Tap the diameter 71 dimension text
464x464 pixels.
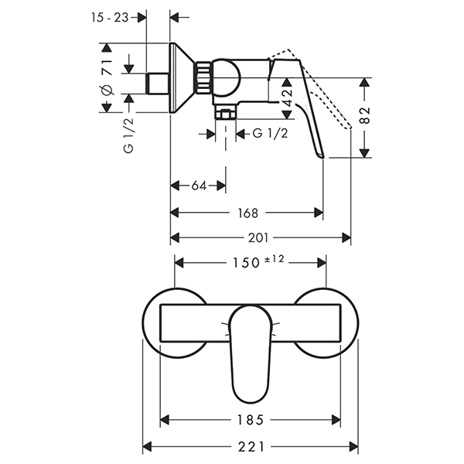pyautogui.click(x=107, y=77)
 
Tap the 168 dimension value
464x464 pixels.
pyautogui.click(x=248, y=212)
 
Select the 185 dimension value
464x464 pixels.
pyautogui.click(x=250, y=421)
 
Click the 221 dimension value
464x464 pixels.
pyautogui.click(x=249, y=447)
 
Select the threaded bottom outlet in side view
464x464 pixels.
pyautogui.click(x=226, y=114)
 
